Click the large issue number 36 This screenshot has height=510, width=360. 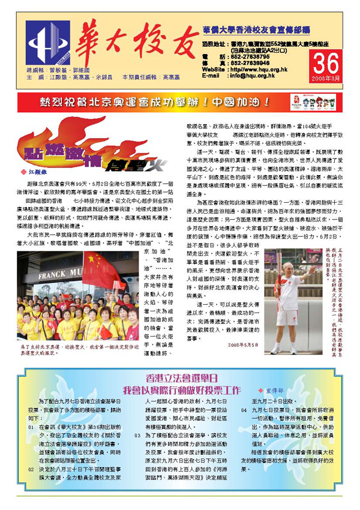pyautogui.click(x=328, y=62)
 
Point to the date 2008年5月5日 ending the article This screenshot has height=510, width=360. pyautogui.click(x=242, y=344)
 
